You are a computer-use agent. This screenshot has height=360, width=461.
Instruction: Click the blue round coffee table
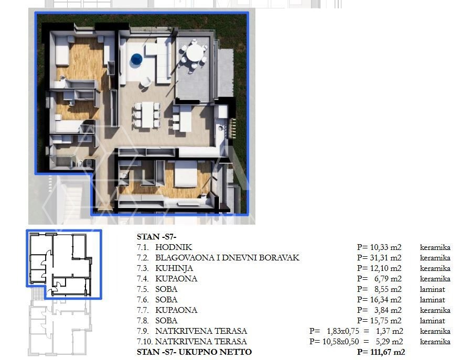pos(136,59)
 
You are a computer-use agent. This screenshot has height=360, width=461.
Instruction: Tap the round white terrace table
pos(195,53)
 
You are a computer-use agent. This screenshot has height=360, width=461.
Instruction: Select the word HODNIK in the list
pos(174,247)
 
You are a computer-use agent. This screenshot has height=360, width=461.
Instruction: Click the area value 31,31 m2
pos(385,258)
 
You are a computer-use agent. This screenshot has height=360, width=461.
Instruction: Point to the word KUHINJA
pos(174,268)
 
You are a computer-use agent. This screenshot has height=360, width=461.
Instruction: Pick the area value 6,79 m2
pos(388,279)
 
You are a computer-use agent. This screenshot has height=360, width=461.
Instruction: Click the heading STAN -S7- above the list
pos(156,237)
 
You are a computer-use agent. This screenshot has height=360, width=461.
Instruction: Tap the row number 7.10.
pos(144,342)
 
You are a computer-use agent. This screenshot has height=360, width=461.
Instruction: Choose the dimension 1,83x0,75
pos(343,331)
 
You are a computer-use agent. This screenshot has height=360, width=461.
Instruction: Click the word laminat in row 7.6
pos(433,300)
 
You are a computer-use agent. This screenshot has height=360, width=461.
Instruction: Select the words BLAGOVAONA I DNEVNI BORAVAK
pos(227,258)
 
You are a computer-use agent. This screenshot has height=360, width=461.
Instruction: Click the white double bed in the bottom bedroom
pos(186,174)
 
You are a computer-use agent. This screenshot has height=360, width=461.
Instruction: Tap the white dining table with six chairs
pos(147,115)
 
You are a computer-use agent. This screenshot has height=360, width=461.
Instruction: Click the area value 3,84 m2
pos(388,310)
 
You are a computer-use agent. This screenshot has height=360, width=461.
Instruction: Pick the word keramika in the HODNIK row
pos(435,247)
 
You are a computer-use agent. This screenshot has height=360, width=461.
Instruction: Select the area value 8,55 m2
pos(388,289)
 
